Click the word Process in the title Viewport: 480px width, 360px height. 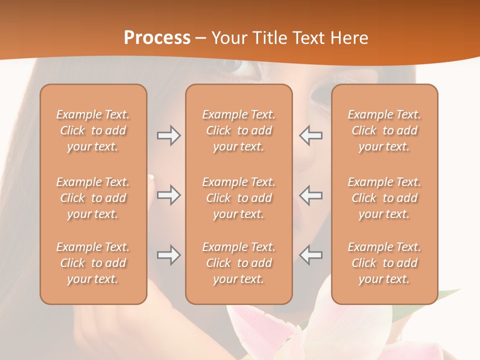[157, 37]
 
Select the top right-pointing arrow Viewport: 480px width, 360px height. [168, 135]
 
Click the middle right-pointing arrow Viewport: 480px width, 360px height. [168, 194]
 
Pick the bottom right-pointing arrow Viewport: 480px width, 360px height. [168, 255]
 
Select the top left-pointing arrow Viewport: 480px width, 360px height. [310, 135]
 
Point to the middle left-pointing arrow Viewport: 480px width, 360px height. [310, 194]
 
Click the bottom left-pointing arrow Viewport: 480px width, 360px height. [310, 255]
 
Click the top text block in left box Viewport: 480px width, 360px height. [93, 130]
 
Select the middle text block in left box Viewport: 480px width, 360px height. [93, 198]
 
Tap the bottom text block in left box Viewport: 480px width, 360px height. [93, 263]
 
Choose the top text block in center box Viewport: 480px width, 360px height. [239, 130]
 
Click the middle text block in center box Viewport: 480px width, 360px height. [239, 198]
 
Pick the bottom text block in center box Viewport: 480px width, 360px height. [239, 263]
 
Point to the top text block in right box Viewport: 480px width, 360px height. [384, 130]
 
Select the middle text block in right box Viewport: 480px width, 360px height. [384, 198]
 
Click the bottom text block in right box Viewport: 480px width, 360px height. [384, 263]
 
